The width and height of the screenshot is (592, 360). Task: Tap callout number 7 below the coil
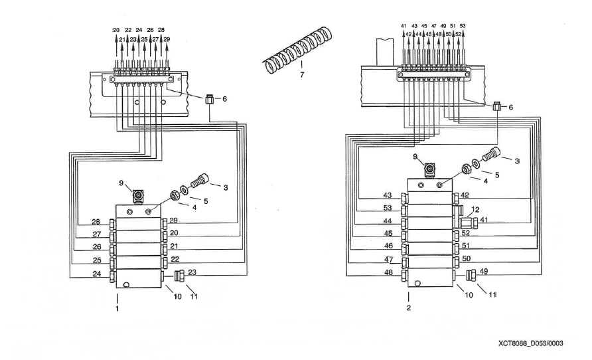302,75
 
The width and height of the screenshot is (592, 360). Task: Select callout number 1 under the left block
117,309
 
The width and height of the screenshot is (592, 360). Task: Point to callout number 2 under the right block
409,308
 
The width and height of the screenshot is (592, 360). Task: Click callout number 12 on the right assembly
475,209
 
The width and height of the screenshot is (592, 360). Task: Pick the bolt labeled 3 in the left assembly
200,180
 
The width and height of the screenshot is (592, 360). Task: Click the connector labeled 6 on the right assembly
498,106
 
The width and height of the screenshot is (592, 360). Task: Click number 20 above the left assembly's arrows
116,31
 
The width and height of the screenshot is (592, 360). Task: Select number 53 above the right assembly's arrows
463,26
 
